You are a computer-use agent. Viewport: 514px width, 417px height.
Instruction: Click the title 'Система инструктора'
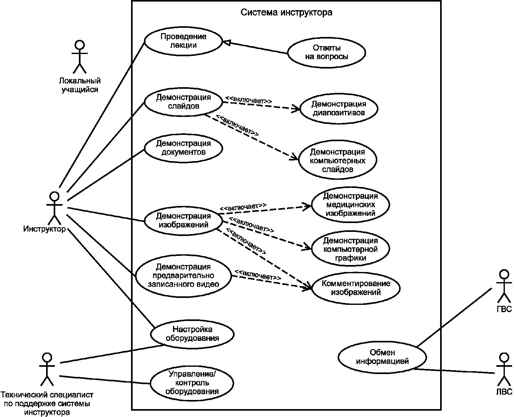coord(286,12)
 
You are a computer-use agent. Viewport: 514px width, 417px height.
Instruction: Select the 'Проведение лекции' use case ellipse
coord(183,41)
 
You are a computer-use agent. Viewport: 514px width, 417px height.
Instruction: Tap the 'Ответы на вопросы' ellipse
coord(326,52)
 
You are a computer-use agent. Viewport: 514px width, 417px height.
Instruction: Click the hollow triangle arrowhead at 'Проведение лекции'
coord(226,43)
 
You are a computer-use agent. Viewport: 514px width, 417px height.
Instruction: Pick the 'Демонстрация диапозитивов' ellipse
coord(338,108)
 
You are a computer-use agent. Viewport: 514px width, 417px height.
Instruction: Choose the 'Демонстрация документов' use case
coord(183,148)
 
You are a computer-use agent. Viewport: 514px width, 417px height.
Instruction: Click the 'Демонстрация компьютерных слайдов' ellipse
coord(338,160)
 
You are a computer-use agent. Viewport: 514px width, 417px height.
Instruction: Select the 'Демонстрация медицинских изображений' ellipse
coord(350,204)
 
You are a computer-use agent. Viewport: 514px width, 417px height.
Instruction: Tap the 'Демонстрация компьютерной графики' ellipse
coord(350,249)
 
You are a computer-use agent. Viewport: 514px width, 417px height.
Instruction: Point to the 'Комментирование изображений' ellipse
coord(356,288)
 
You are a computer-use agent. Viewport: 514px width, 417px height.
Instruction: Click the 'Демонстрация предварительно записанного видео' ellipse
coord(183,275)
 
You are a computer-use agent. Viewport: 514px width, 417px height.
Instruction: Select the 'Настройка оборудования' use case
coord(192,334)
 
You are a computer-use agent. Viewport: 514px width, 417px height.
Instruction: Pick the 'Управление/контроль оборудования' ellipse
coord(192,383)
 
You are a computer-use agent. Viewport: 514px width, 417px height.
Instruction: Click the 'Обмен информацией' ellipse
coord(382,357)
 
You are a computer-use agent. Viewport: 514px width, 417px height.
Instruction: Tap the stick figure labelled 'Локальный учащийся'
coord(80,57)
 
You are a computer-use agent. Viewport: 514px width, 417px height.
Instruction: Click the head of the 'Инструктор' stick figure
coord(55,196)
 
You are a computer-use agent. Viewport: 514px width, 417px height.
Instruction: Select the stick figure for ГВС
coord(504,286)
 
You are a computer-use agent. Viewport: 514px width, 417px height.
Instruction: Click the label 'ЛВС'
coord(504,391)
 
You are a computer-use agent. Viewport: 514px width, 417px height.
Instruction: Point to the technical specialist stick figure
coord(47,369)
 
